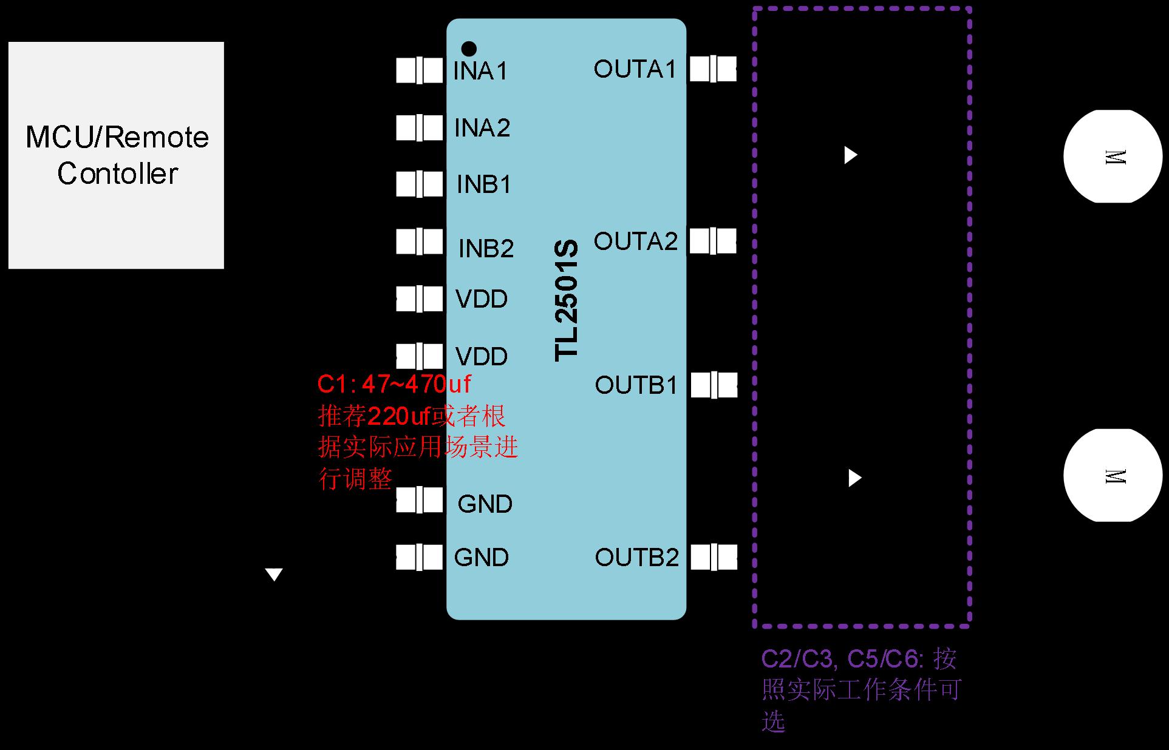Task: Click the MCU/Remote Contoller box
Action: coord(116,155)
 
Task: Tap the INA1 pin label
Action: coord(480,72)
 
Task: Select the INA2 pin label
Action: coord(482,128)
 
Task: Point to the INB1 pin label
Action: coord(484,184)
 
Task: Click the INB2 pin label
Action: coord(486,248)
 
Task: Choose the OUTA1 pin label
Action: coord(635,69)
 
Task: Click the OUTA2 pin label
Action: coord(635,242)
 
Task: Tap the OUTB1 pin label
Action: coord(636,385)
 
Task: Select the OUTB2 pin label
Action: coord(636,558)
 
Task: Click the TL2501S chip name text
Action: coord(567,301)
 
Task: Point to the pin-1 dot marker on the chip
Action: coord(469,49)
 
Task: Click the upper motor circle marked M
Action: coord(1113,157)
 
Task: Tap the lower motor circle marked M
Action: coord(1113,476)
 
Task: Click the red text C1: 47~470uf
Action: coord(394,384)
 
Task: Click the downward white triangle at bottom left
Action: coord(274,574)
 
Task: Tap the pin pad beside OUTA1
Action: coord(713,69)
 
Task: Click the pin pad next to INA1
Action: coord(419,70)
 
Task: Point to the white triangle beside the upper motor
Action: coord(850,155)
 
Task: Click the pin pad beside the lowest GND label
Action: coord(419,557)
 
